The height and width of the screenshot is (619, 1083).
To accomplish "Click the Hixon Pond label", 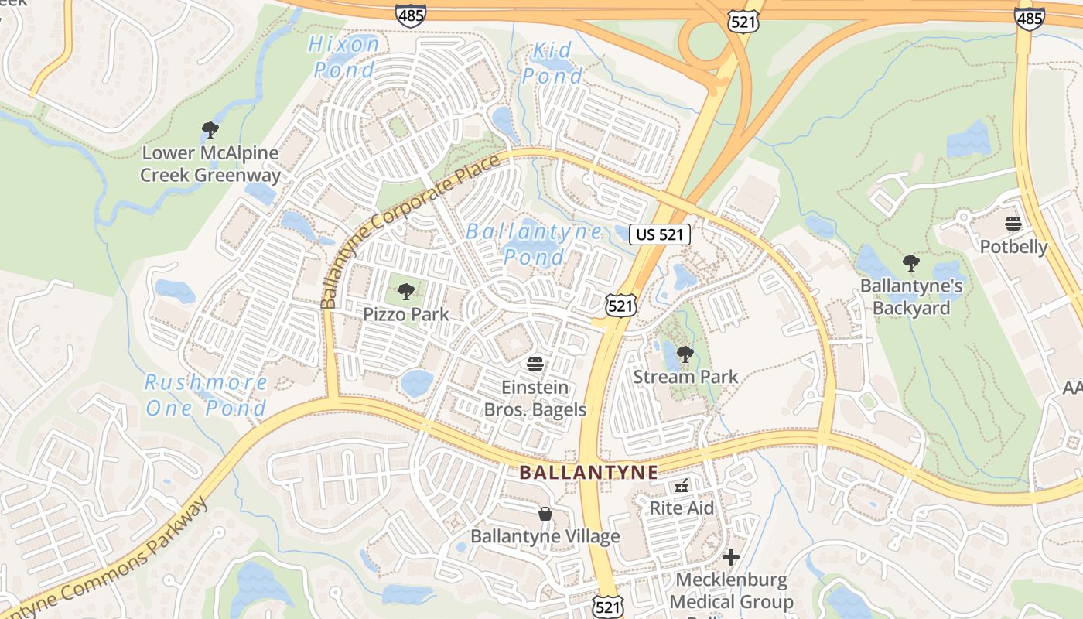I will tap(344, 56).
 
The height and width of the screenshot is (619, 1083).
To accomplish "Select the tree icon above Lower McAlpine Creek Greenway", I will tap(210, 129).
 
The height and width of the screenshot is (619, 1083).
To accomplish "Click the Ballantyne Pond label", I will tap(534, 244).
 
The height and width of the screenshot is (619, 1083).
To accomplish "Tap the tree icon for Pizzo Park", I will tap(405, 292).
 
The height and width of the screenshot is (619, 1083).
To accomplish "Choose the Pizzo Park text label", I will tap(406, 315).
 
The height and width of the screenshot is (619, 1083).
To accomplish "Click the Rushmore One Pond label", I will tap(206, 395).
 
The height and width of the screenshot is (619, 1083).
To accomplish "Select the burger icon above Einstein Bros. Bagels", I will tap(535, 364).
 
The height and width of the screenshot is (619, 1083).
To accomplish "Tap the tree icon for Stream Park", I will tap(685, 354).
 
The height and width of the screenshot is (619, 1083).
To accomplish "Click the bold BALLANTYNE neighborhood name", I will tap(588, 472).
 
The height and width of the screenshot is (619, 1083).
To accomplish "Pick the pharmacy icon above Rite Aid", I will tap(682, 486).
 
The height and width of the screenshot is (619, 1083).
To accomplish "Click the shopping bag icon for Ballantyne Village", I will tap(545, 514).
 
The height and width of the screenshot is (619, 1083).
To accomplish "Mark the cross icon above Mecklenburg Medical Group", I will tap(731, 557).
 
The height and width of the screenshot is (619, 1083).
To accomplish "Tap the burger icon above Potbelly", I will tap(1013, 224).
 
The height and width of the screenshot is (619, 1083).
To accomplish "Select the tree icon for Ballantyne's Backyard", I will tap(911, 263).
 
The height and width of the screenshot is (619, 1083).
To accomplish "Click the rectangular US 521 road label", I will tap(659, 234).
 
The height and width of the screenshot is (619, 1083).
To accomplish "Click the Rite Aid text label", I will tap(682, 508).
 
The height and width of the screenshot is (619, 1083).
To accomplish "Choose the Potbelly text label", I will tap(1013, 247).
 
